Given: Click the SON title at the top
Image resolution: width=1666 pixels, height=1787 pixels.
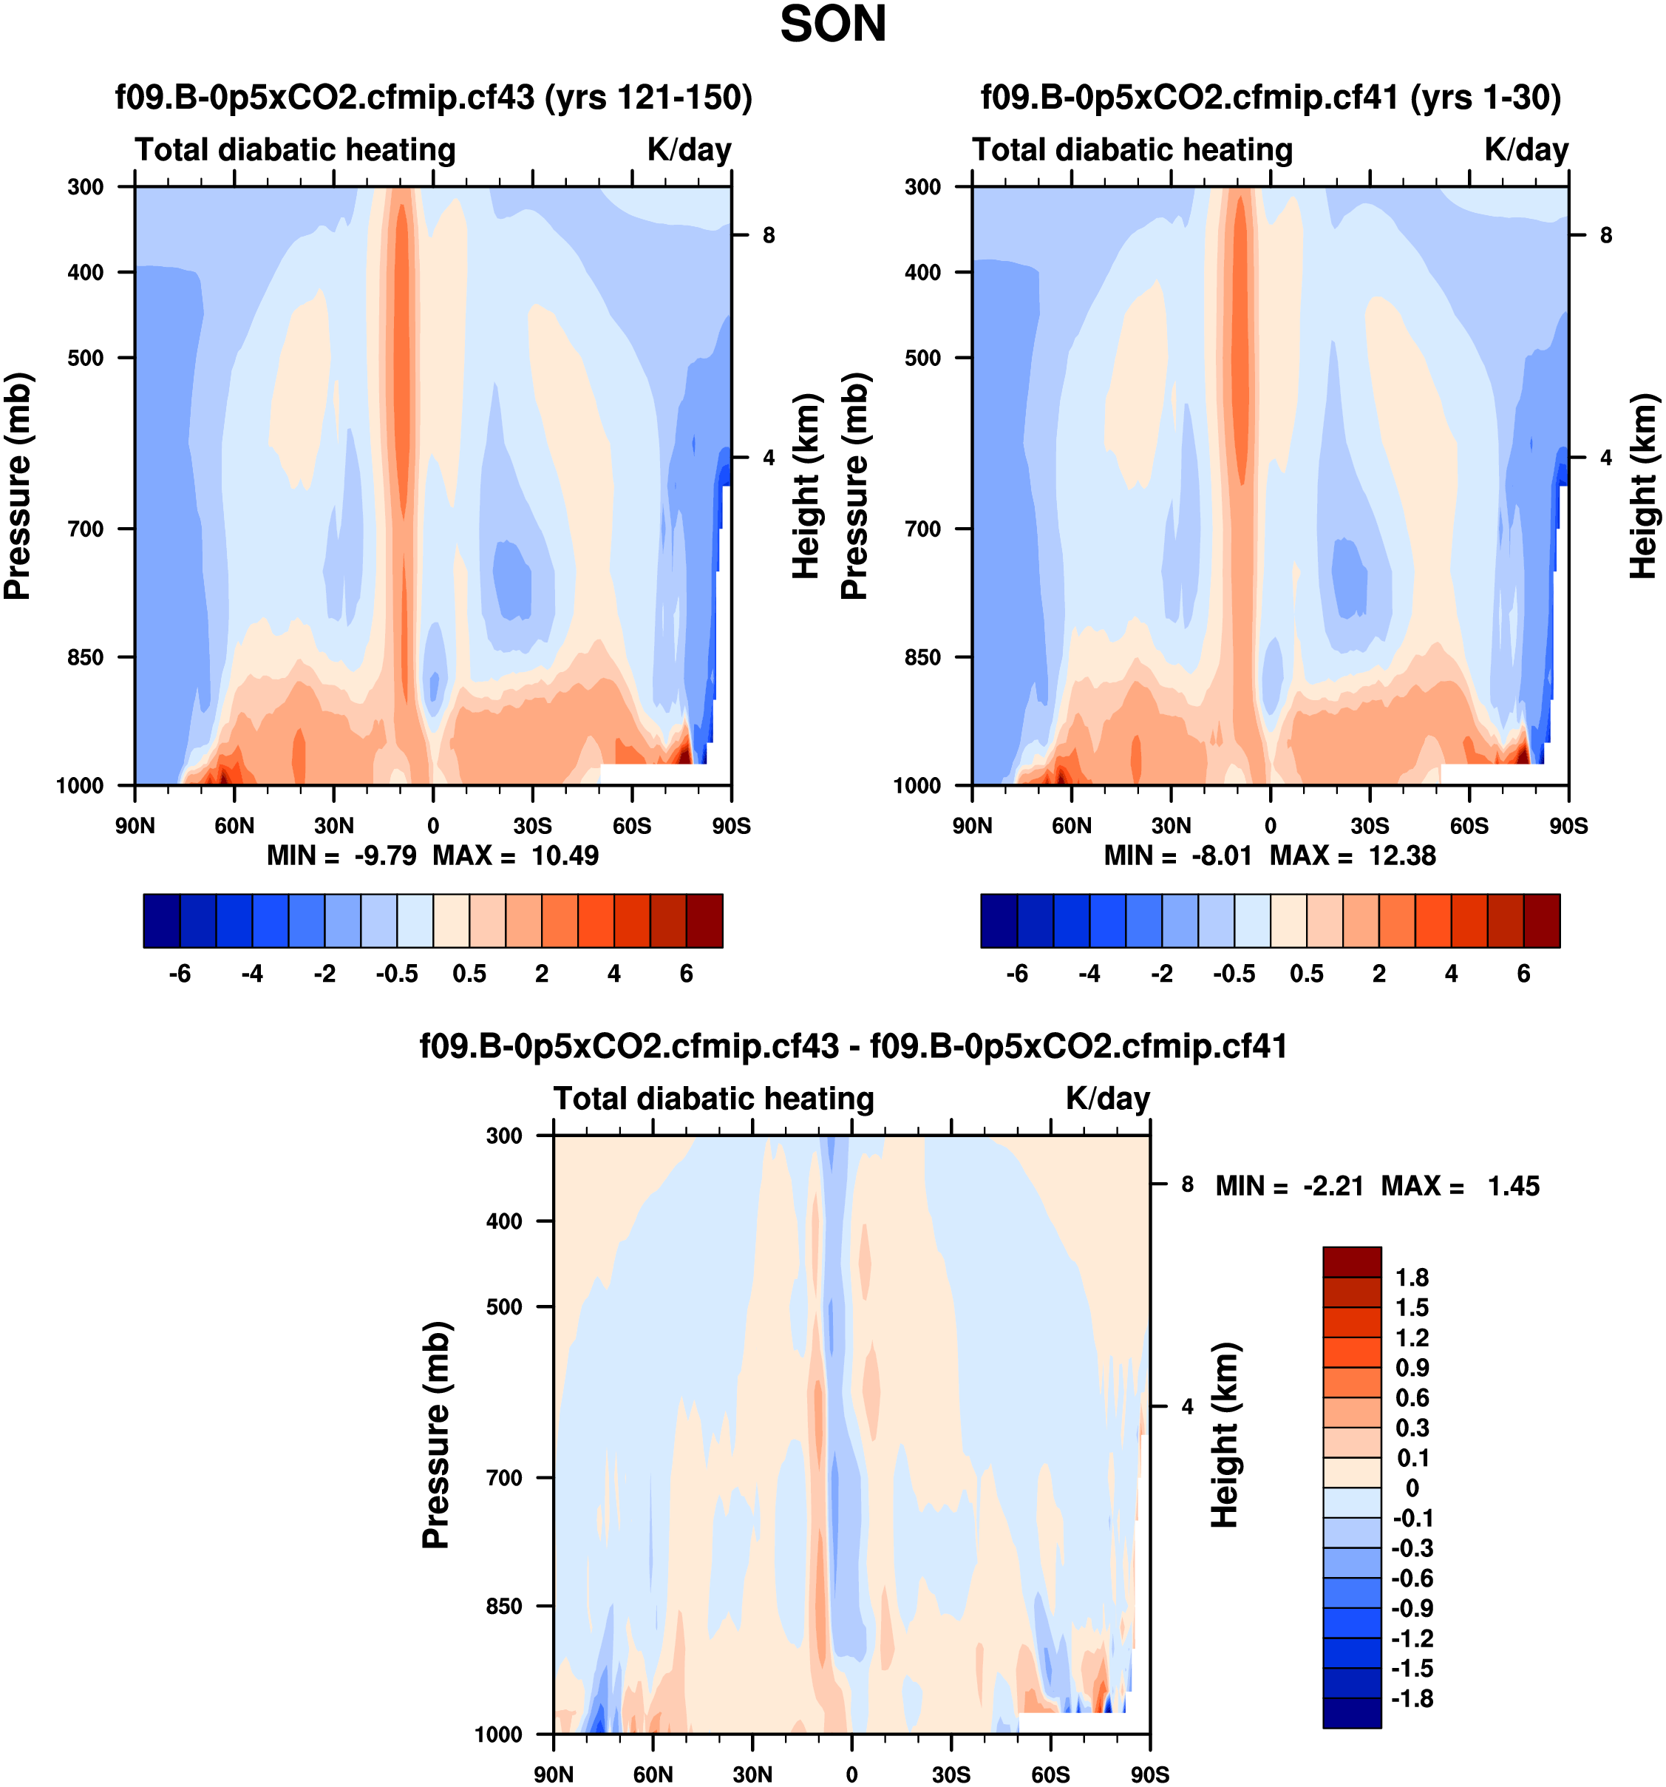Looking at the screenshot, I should [x=832, y=24].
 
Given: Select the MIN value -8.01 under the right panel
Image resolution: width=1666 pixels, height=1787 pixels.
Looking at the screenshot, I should [x=1221, y=855].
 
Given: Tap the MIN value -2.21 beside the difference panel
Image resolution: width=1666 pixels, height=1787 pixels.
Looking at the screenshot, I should [x=1333, y=1186].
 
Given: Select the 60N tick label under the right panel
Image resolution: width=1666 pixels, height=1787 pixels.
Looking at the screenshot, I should [x=1071, y=825].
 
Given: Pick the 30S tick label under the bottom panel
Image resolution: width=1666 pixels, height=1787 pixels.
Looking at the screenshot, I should [x=951, y=1774].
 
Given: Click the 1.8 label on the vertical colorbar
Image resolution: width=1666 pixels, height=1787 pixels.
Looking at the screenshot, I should [x=1412, y=1278].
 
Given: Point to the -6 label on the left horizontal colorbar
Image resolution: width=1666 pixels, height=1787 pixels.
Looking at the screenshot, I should [x=180, y=974].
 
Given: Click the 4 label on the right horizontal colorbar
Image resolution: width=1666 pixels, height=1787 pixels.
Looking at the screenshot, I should [x=1451, y=974].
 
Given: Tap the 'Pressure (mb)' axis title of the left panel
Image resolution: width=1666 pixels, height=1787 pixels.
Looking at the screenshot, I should [x=18, y=486].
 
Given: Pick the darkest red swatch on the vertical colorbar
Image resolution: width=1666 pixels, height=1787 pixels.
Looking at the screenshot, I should [x=1351, y=1261].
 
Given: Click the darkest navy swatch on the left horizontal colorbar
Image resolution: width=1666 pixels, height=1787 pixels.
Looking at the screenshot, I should [x=162, y=920].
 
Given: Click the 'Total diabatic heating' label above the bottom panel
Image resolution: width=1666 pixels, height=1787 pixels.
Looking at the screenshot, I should [x=713, y=1099].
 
